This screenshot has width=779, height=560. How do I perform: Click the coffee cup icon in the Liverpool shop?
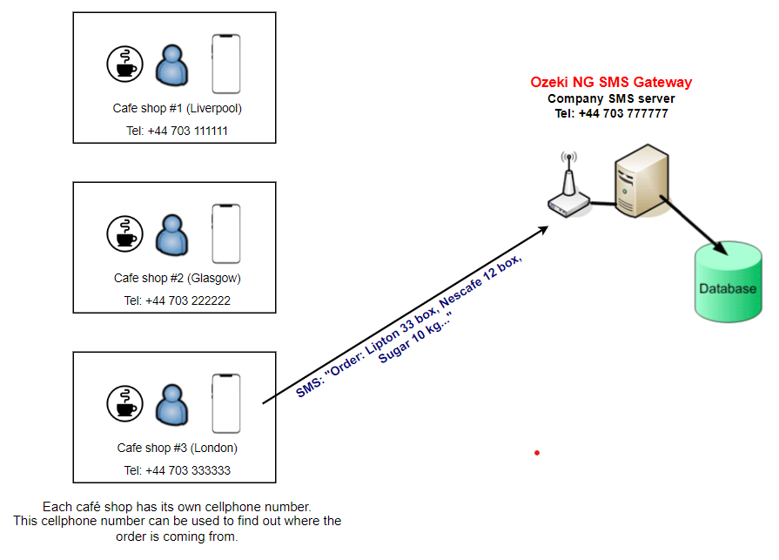point(124,64)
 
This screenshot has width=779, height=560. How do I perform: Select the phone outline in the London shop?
point(226,403)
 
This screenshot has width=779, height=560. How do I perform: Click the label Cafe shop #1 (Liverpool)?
point(177,109)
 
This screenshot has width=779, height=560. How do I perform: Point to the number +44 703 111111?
point(177,132)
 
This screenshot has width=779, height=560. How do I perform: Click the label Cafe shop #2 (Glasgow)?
point(177,279)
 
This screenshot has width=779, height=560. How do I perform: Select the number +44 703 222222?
point(177,301)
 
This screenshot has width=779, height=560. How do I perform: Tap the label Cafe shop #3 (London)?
point(177,449)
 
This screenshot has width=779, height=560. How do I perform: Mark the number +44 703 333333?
point(177,471)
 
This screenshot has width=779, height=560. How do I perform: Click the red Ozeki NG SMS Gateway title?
point(611,83)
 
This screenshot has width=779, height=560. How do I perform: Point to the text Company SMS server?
point(611,98)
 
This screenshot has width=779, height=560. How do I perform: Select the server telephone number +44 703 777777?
point(611,113)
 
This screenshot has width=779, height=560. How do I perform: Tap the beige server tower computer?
point(640,181)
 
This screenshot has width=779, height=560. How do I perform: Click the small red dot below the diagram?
point(537,453)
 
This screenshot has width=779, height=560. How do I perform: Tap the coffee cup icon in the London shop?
point(124,404)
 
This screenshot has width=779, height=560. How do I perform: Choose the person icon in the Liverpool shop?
point(171,64)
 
